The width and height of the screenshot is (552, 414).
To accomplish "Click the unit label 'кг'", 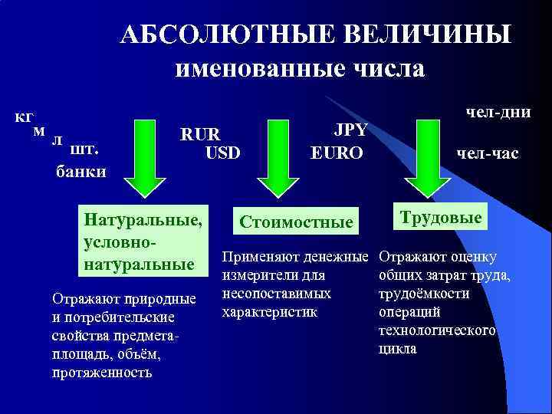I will pos(24,117).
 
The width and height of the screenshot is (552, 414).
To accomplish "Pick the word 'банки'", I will pos(81,171).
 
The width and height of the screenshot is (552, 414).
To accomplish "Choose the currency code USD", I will pos(222,153).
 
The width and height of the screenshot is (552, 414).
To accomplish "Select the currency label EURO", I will pos(337,153).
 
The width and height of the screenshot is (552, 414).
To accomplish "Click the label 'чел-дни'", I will pos(498,112).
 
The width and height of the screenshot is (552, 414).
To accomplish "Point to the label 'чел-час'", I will pos(488,154).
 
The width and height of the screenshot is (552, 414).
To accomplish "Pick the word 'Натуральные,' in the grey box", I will pos(143,220).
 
